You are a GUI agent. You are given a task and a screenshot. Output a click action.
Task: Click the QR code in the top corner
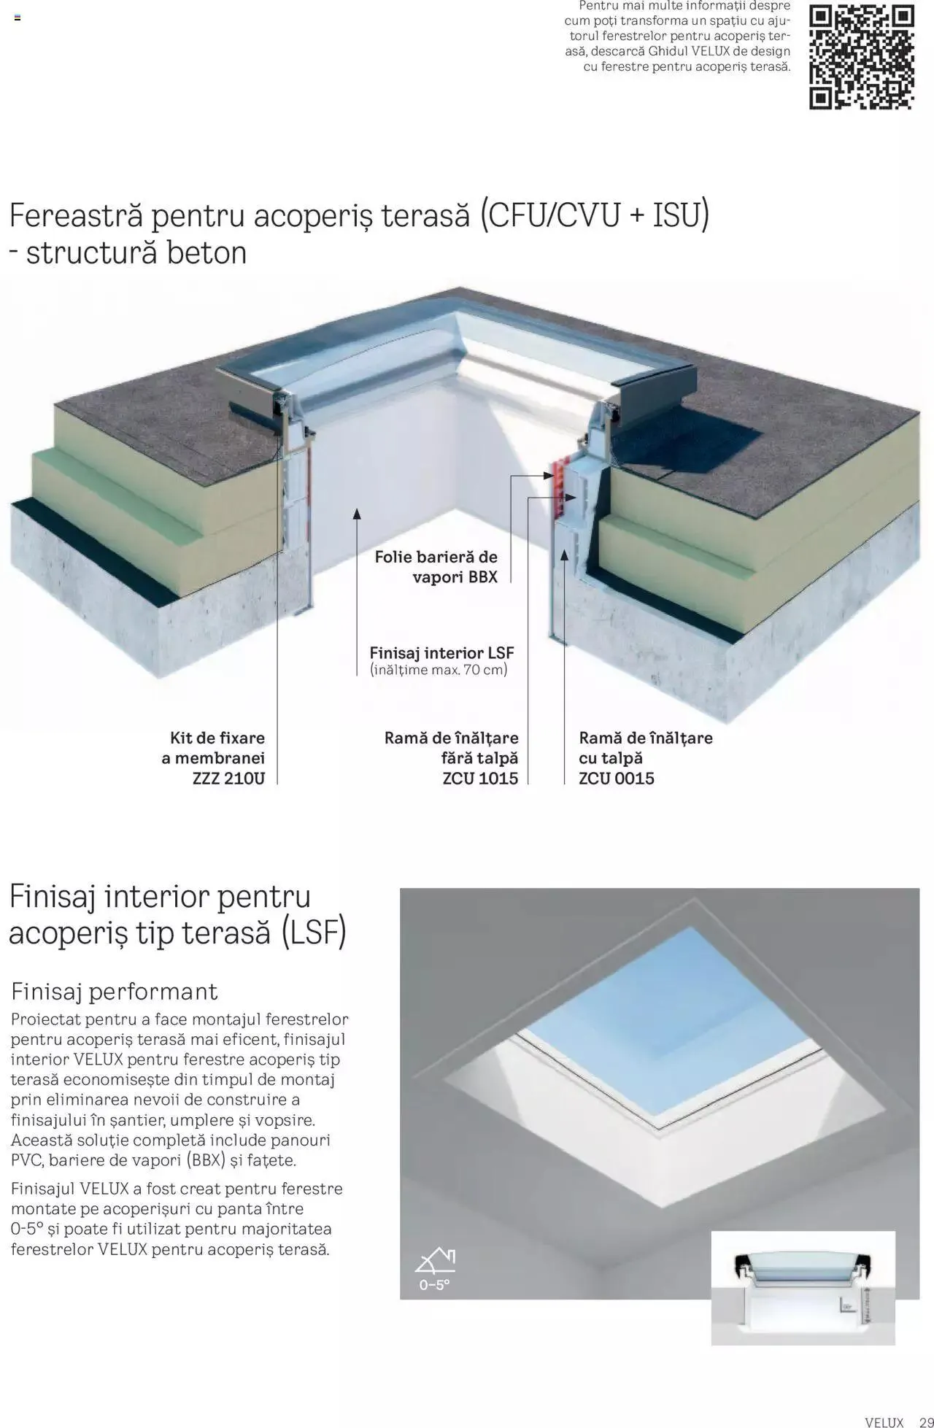coord(861,57)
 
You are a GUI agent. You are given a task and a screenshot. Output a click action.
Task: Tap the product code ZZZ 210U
coord(228,779)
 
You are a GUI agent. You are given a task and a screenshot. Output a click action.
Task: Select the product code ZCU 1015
coord(479,779)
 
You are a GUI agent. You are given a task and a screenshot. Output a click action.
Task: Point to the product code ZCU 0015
coord(616,779)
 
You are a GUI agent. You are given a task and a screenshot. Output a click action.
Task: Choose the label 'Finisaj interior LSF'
coord(441,652)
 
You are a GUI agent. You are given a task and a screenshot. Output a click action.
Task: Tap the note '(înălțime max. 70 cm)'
coord(438,670)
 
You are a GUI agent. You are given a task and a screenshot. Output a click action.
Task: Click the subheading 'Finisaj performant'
coord(115,991)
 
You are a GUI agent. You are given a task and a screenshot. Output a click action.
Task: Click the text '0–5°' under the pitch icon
coord(434,1285)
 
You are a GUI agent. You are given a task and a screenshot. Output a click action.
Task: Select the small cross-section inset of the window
coord(803,1288)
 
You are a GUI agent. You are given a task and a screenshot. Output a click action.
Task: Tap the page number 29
coord(918,1422)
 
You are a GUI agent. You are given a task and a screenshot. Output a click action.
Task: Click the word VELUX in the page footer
coord(884,1422)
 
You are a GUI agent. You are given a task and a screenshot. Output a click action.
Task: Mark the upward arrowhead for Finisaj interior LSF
coord(357,514)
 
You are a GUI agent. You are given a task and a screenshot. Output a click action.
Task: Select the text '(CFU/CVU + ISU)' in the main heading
coord(595,215)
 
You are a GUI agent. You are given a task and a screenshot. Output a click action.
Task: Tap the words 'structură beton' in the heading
coord(136,253)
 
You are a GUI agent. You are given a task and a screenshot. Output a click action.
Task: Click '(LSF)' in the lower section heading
coord(314,933)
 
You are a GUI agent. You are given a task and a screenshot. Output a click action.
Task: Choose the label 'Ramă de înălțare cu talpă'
coord(645,748)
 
